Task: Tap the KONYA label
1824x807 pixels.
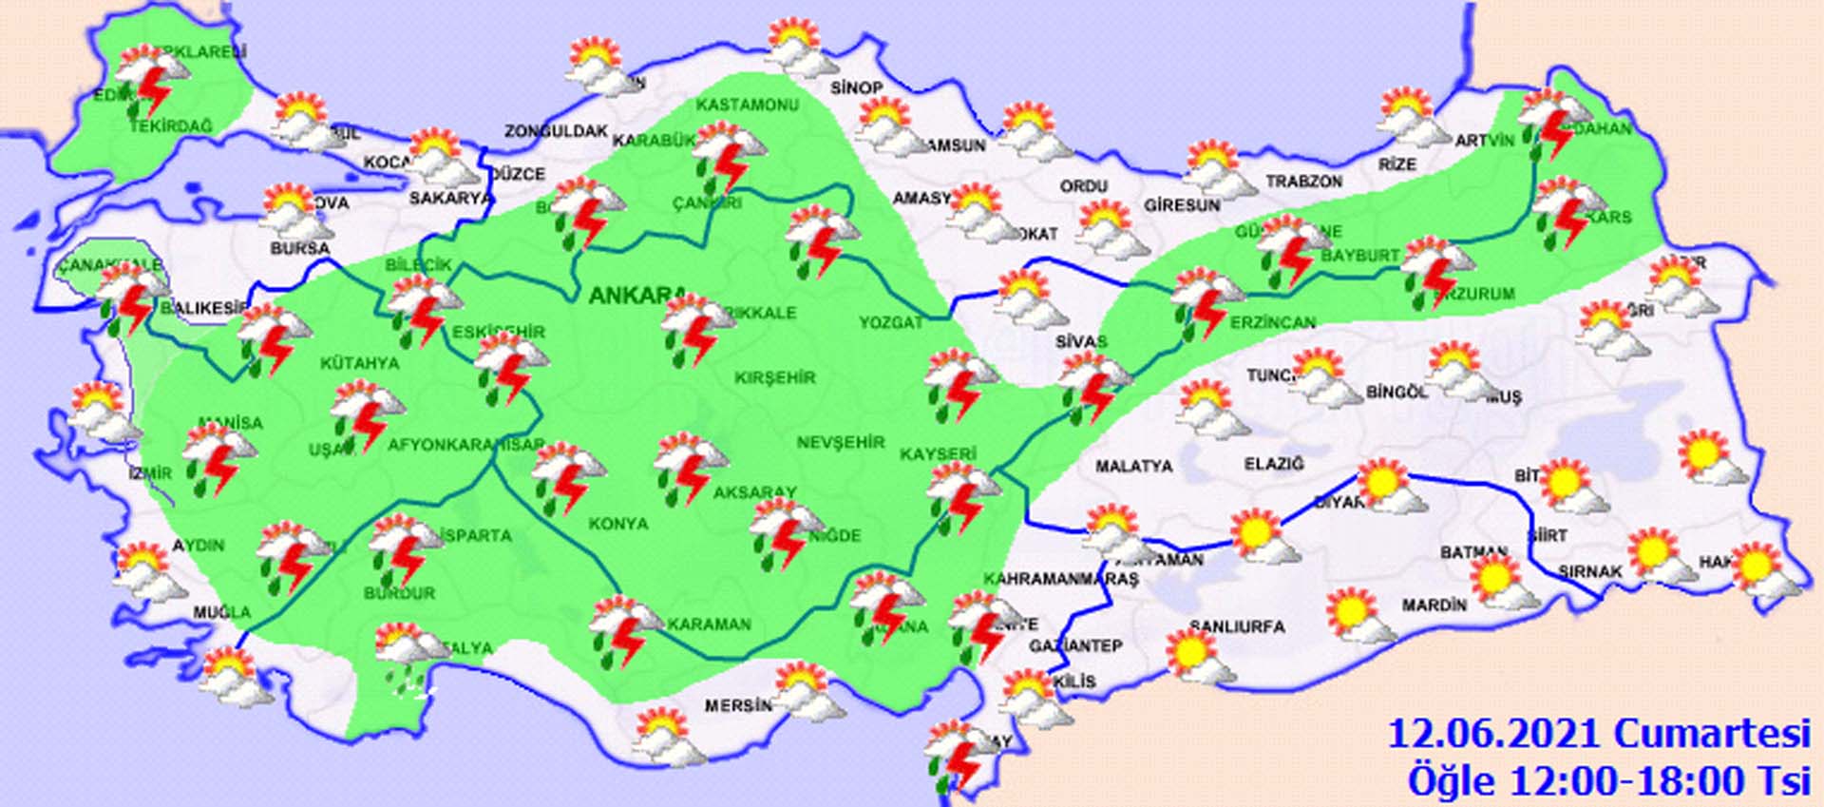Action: [x=617, y=524]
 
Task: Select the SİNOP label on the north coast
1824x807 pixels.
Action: [x=856, y=87]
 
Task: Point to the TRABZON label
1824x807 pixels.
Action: [x=1303, y=182]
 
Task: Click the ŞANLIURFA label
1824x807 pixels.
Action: [x=1237, y=626]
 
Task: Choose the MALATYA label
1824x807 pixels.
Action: [x=1133, y=467]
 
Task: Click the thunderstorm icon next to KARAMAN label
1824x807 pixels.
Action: [x=623, y=630]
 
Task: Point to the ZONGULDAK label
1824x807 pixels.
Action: [x=556, y=131]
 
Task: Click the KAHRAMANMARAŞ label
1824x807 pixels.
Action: [x=1060, y=579]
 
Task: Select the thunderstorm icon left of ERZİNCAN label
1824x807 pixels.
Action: [x=1205, y=302]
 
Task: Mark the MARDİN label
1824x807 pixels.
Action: [x=1434, y=605]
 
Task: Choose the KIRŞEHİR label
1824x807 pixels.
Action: [x=774, y=377]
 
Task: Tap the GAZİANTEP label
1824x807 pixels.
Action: [x=1075, y=646]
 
